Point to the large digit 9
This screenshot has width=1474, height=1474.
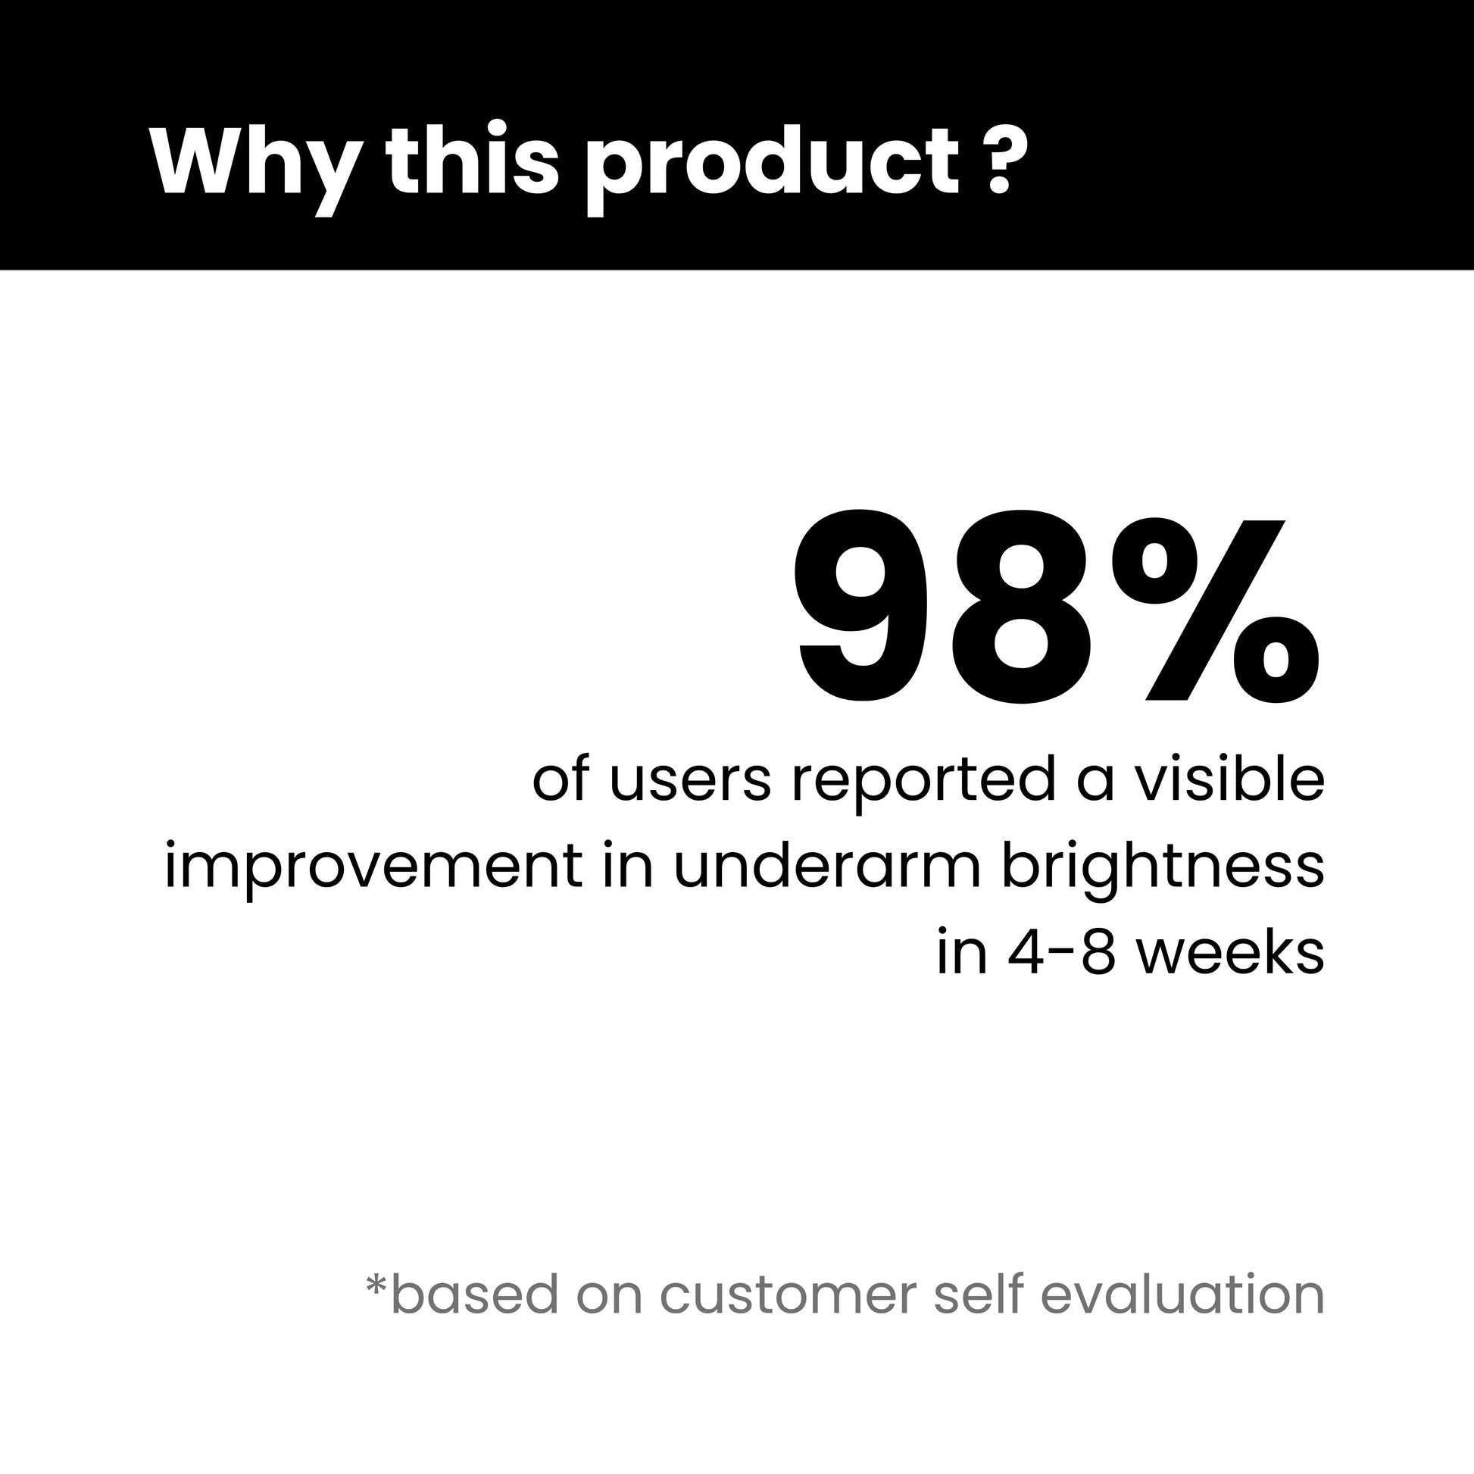pyautogui.click(x=862, y=606)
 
